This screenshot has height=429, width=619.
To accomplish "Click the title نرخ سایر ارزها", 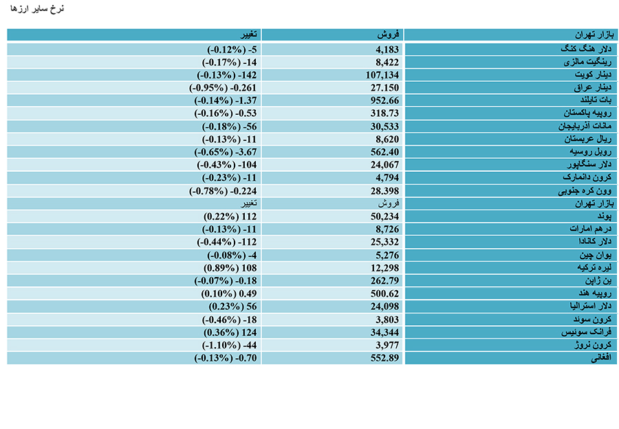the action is pyautogui.click(x=37, y=9).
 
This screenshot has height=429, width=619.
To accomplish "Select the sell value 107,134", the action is pyautogui.click(x=382, y=75).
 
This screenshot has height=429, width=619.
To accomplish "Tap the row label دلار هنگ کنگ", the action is pyautogui.click(x=586, y=49).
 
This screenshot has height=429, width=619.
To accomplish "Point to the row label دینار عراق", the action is pyautogui.click(x=593, y=87).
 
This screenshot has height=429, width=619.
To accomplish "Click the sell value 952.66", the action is pyautogui.click(x=384, y=100).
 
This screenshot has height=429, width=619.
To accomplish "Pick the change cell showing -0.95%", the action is pyautogui.click(x=223, y=87).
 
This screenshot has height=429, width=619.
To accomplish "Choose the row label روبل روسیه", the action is pyautogui.click(x=591, y=152).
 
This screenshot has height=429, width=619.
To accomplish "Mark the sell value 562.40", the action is pyautogui.click(x=384, y=152).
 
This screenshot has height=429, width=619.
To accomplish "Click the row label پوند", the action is pyautogui.click(x=605, y=217).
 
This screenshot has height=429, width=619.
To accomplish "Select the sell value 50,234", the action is pyautogui.click(x=384, y=217).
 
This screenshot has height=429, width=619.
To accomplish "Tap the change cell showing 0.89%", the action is pyautogui.click(x=230, y=268).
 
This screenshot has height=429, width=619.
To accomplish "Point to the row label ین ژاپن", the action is pyautogui.click(x=598, y=280).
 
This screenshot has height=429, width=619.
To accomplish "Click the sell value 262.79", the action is pyautogui.click(x=384, y=280).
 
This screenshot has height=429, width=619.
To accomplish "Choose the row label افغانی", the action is pyautogui.click(x=601, y=358).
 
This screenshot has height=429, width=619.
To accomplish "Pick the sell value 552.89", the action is pyautogui.click(x=384, y=358).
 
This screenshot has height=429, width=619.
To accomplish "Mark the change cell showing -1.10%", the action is pyautogui.click(x=229, y=345).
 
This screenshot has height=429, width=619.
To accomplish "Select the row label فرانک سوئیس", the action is pyautogui.click(x=586, y=332).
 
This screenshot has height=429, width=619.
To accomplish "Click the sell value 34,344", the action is pyautogui.click(x=384, y=332).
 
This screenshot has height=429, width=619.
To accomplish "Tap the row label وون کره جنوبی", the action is pyautogui.click(x=585, y=191).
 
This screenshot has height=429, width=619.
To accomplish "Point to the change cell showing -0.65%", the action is pyautogui.click(x=226, y=152).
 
